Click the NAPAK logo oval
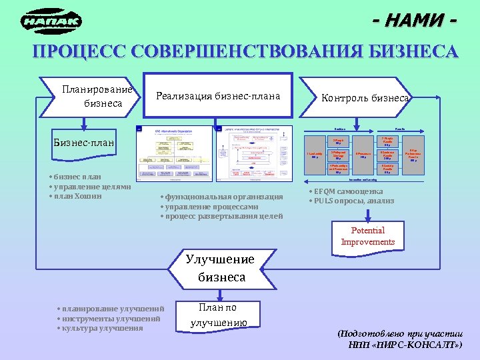pyautogui.click(x=52, y=22)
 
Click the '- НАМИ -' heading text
pyautogui.click(x=415, y=21)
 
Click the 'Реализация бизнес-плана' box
pyautogui.click(x=219, y=97)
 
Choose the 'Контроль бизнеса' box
pyautogui.click(x=364, y=98)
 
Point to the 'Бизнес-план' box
pyautogui.click(x=83, y=143)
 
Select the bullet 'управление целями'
pyautogui.click(x=84, y=187)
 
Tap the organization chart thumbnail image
pyautogui.click(x=174, y=153)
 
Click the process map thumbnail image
pyautogui.click(x=253, y=153)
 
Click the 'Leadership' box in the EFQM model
pyautogui.click(x=314, y=155)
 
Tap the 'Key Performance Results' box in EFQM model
pyautogui.click(x=413, y=155)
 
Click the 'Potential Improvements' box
pyautogui.click(x=368, y=236)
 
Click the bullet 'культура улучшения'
pyautogui.click(x=103, y=328)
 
